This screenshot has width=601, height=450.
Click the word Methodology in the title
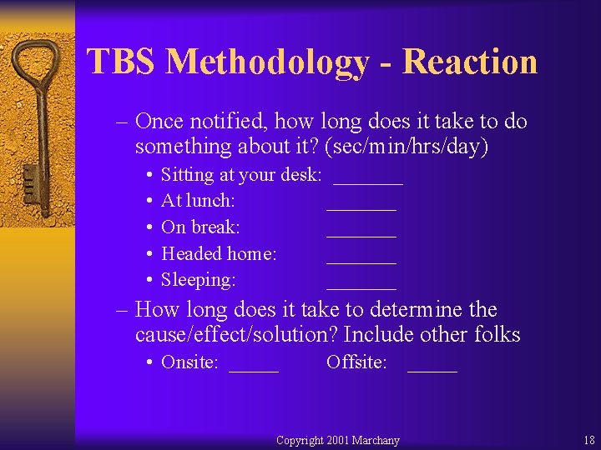point(266,62)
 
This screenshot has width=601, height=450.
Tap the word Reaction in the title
point(471,62)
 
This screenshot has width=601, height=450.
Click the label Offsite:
point(356,362)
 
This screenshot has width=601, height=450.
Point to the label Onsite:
point(189,362)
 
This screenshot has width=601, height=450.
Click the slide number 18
point(589,440)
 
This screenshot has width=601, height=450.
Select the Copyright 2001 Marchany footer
point(338,440)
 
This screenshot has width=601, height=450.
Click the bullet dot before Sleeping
point(148,280)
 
